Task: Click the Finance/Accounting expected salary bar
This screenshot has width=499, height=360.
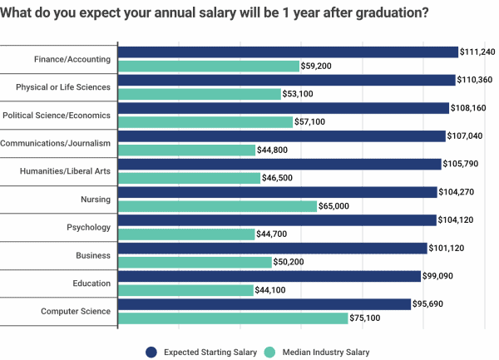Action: pos(288,52)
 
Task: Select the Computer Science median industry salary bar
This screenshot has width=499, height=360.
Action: pos(233,318)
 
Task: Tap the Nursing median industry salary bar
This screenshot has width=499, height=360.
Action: pos(217,206)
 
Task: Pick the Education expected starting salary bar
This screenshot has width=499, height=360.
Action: pos(269,276)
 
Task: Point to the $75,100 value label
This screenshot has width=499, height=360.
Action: pos(367,318)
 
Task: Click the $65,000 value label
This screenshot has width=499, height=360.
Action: pos(336,206)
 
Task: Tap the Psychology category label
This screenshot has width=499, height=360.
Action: pos(88,227)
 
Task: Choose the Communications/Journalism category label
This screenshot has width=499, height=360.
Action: pos(56,143)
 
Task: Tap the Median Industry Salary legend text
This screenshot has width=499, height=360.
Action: pos(324,352)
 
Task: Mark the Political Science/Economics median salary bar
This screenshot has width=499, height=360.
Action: pos(205,122)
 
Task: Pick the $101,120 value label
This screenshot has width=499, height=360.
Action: pos(446,248)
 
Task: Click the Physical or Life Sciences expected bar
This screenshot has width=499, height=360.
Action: pos(287,80)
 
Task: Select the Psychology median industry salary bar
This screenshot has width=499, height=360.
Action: pos(186,234)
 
